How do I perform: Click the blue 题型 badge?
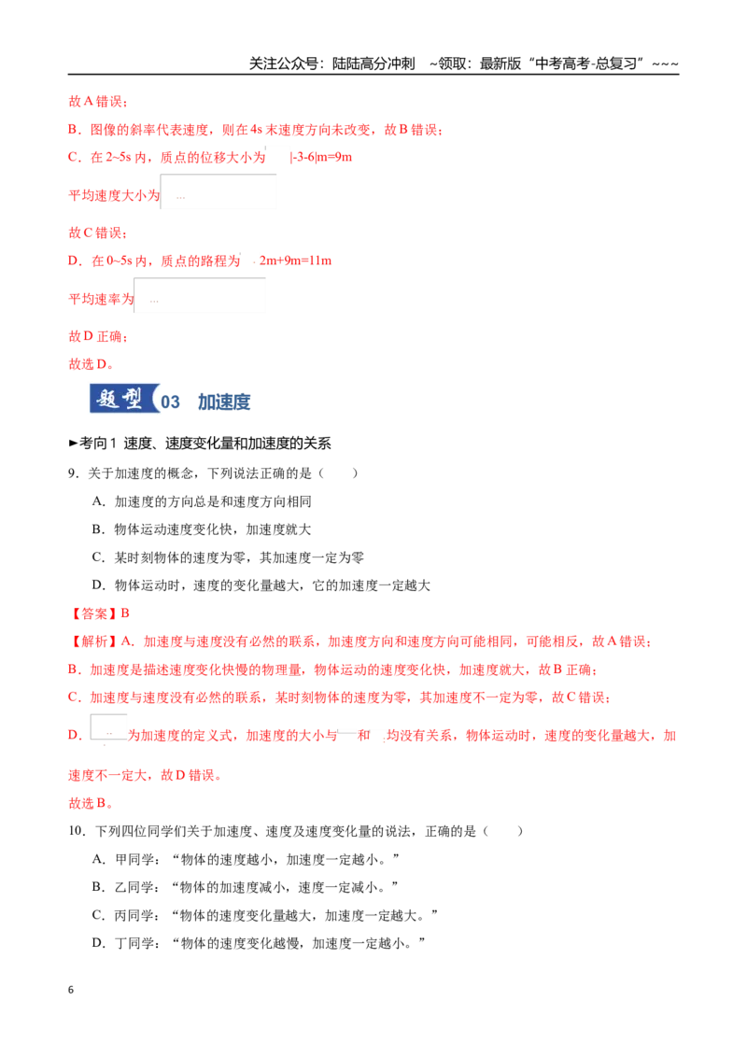[124, 399]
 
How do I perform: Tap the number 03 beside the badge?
[170, 402]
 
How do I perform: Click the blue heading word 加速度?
[224, 402]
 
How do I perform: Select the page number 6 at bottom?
[71, 990]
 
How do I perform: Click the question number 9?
[72, 473]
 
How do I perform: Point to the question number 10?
[77, 831]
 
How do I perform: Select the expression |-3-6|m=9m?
[321, 157]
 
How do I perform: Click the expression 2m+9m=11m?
[295, 261]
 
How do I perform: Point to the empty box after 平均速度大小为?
[218, 192]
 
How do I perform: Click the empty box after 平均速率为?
[200, 295]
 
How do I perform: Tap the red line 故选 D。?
[91, 364]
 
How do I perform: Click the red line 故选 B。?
[91, 804]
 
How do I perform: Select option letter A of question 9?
[98, 501]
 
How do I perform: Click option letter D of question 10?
[98, 943]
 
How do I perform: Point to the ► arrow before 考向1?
[74, 444]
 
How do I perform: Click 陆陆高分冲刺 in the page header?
[373, 64]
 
